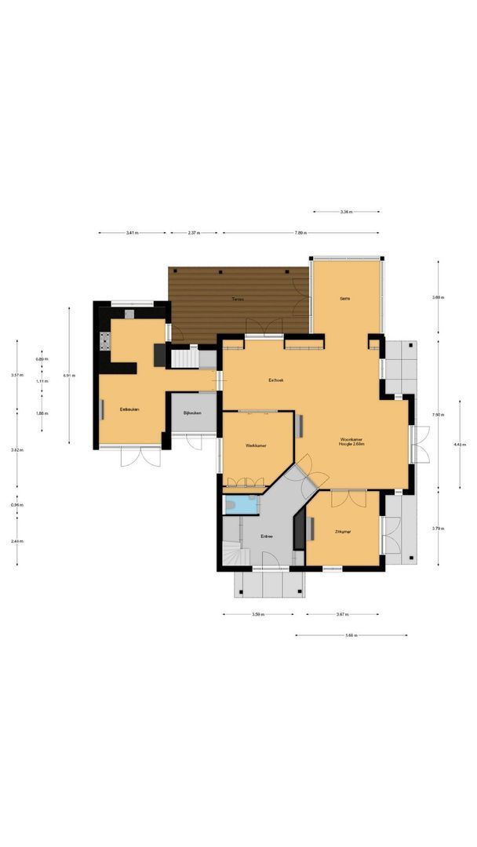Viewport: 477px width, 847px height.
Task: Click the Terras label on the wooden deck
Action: [236, 300]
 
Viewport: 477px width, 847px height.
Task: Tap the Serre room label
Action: [344, 299]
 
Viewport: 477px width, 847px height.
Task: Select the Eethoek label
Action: [275, 380]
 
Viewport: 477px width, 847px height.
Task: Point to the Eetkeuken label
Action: [129, 409]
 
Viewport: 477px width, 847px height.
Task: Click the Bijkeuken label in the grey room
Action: [192, 413]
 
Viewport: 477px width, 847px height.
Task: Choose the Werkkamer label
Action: [256, 445]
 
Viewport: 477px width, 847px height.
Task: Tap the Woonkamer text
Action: [351, 439]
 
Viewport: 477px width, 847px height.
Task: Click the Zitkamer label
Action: [343, 533]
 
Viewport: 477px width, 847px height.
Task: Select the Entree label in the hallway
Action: [267, 536]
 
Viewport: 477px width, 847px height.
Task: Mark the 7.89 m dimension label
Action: [300, 233]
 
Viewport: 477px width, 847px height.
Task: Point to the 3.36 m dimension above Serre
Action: [346, 212]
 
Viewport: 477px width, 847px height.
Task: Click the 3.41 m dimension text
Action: [133, 233]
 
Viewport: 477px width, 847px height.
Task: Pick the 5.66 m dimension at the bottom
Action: [351, 635]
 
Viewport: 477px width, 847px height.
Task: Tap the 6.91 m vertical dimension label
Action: [69, 376]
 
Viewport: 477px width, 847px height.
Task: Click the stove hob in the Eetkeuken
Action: [104, 341]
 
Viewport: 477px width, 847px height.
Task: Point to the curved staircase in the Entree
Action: [234, 555]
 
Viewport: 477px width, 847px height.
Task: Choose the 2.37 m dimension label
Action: [194, 233]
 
